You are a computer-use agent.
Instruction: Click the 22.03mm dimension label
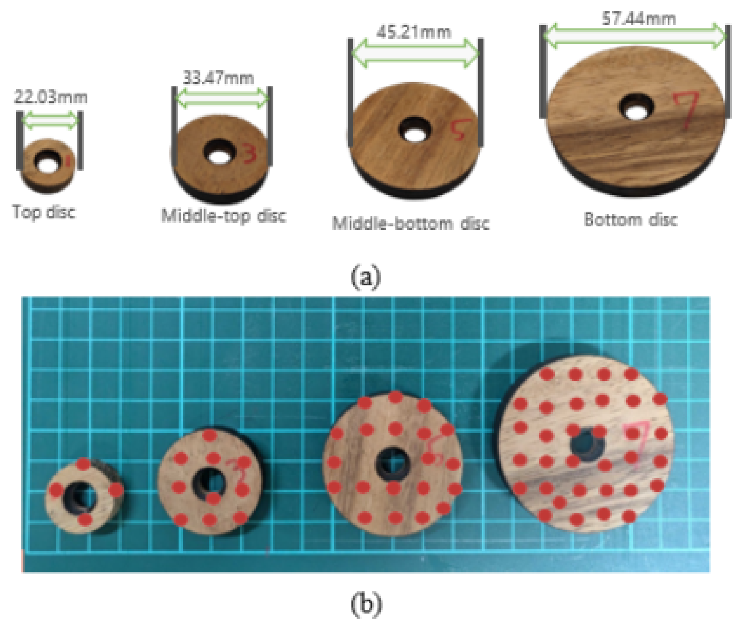click(50, 97)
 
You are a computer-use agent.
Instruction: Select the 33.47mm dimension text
click(218, 77)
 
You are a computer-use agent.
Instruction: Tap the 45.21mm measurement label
click(413, 32)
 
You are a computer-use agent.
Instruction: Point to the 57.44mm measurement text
click(639, 19)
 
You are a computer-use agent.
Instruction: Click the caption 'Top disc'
click(44, 212)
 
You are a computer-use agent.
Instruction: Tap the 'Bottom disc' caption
click(631, 220)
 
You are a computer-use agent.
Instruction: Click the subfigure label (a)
click(366, 277)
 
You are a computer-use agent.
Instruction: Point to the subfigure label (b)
click(367, 604)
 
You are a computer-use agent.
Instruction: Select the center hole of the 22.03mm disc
click(48, 163)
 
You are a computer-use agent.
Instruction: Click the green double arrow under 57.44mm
click(634, 36)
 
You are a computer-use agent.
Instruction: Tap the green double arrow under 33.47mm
click(222, 98)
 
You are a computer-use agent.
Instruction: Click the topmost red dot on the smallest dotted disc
click(84, 464)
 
